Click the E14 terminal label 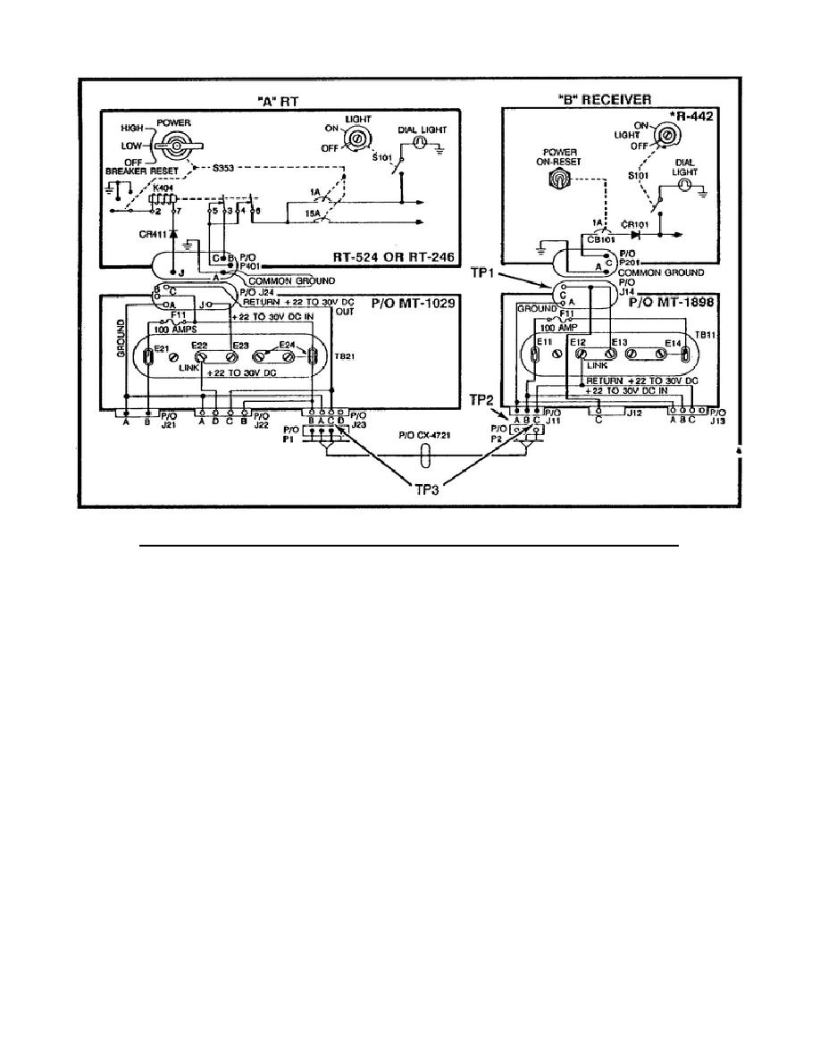coord(675,343)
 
